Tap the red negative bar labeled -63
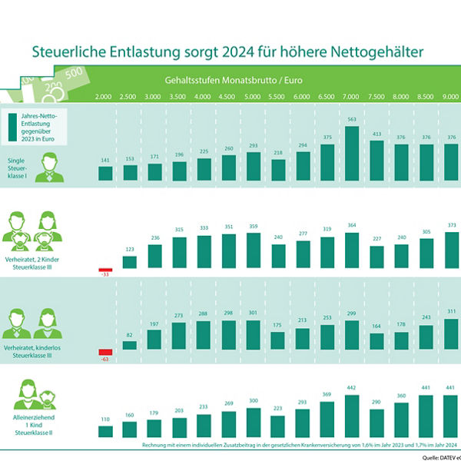(104, 353)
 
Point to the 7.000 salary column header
(351, 97)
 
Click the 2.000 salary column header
(104, 97)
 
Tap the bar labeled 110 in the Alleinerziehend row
(104, 431)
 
